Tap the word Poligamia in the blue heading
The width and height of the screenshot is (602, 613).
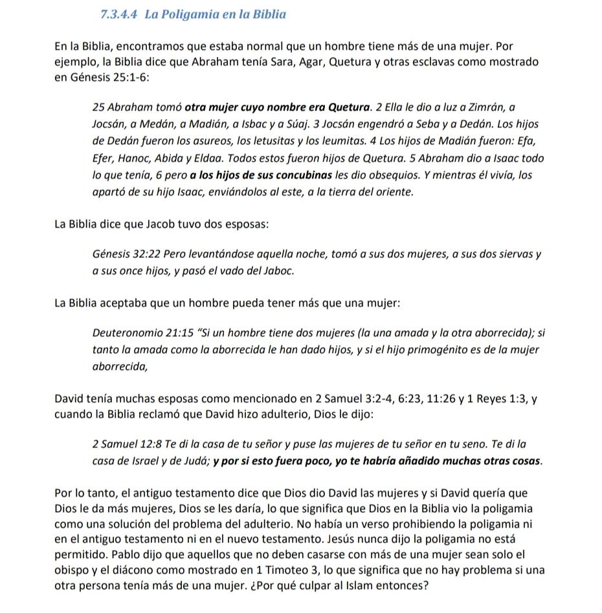(x=192, y=14)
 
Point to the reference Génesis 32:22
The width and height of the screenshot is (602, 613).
(x=127, y=254)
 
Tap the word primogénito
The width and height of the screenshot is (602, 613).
(x=435, y=350)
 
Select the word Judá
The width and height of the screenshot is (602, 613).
(x=194, y=461)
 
